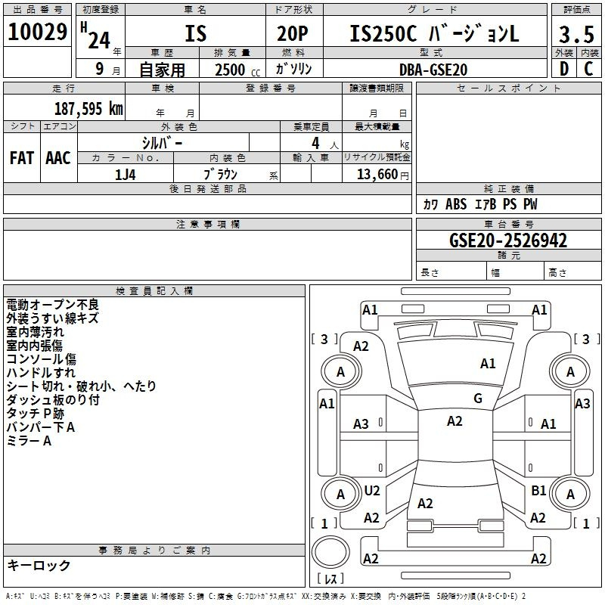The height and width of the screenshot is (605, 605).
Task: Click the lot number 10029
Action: [37, 32]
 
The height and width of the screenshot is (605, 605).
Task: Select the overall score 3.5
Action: [576, 34]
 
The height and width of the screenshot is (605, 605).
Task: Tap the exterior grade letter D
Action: [564, 69]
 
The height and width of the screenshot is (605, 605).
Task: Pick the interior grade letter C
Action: [588, 69]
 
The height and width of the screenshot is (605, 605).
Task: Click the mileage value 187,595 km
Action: [88, 109]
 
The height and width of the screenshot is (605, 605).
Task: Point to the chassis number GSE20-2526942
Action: [508, 240]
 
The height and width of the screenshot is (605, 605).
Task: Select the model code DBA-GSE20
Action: [433, 70]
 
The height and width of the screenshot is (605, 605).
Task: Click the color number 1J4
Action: [126, 175]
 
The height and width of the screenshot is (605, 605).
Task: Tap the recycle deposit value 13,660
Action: [377, 175]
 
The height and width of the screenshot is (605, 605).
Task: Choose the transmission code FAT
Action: [22, 158]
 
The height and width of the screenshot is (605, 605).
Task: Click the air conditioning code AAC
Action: [58, 158]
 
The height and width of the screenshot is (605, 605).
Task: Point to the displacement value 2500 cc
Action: [237, 70]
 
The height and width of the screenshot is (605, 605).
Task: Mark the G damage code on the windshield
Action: [478, 399]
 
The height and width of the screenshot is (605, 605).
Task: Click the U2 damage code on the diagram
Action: [372, 490]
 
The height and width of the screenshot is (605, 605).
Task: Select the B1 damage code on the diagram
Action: [538, 490]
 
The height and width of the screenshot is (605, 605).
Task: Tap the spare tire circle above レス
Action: [330, 551]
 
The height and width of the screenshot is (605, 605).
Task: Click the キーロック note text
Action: [39, 565]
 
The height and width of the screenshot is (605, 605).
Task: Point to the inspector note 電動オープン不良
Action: [53, 305]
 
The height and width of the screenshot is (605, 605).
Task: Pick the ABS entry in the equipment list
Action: [456, 204]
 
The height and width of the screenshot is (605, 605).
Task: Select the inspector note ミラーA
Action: [29, 441]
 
